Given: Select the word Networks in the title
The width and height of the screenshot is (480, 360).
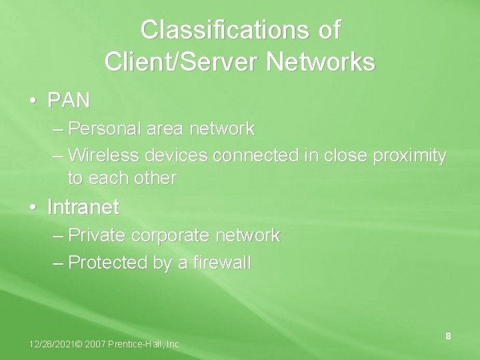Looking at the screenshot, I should point(321,63).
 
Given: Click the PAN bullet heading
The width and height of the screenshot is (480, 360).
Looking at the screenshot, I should point(68,101).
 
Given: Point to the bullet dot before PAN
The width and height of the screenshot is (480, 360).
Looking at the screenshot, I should point(33,101).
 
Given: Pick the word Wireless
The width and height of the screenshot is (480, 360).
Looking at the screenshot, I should point(103,155).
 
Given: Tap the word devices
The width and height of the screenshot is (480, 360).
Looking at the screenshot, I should point(175,155).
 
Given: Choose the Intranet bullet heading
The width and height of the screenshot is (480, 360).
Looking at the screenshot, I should point(83,207).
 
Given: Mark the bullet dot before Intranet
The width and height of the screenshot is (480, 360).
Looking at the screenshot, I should point(33,208).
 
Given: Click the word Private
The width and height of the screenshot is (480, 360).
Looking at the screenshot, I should point(97,235).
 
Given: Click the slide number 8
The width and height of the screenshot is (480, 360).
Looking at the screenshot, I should point(448,337).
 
